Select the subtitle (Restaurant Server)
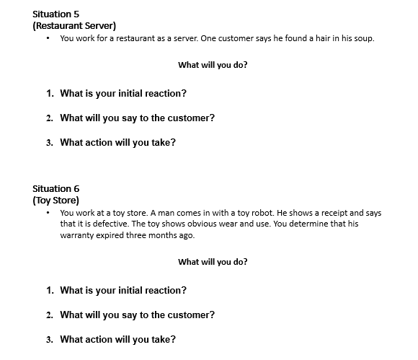(69, 26)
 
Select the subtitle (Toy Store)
(56, 200)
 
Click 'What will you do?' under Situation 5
(213, 65)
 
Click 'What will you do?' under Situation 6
(213, 262)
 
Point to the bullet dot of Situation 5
(47, 38)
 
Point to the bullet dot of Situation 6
(47, 213)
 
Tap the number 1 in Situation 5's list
(49, 94)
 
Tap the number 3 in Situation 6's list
(49, 340)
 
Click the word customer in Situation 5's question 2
(187, 118)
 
